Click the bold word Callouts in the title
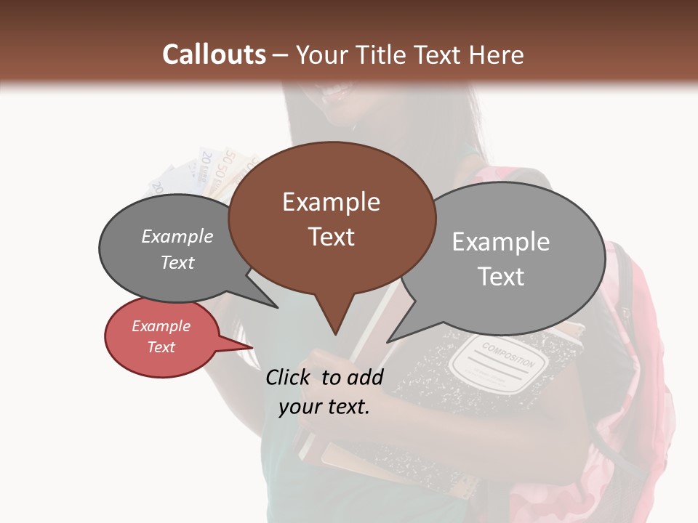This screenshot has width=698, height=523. point(214,54)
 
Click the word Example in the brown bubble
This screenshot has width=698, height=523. point(331,202)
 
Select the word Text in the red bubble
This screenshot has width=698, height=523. point(161,347)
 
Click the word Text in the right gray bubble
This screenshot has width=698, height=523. point(502,276)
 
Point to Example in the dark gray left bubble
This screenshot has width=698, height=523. point(177,237)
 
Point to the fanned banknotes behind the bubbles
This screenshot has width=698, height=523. point(211,171)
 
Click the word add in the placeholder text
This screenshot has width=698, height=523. point(365,377)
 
